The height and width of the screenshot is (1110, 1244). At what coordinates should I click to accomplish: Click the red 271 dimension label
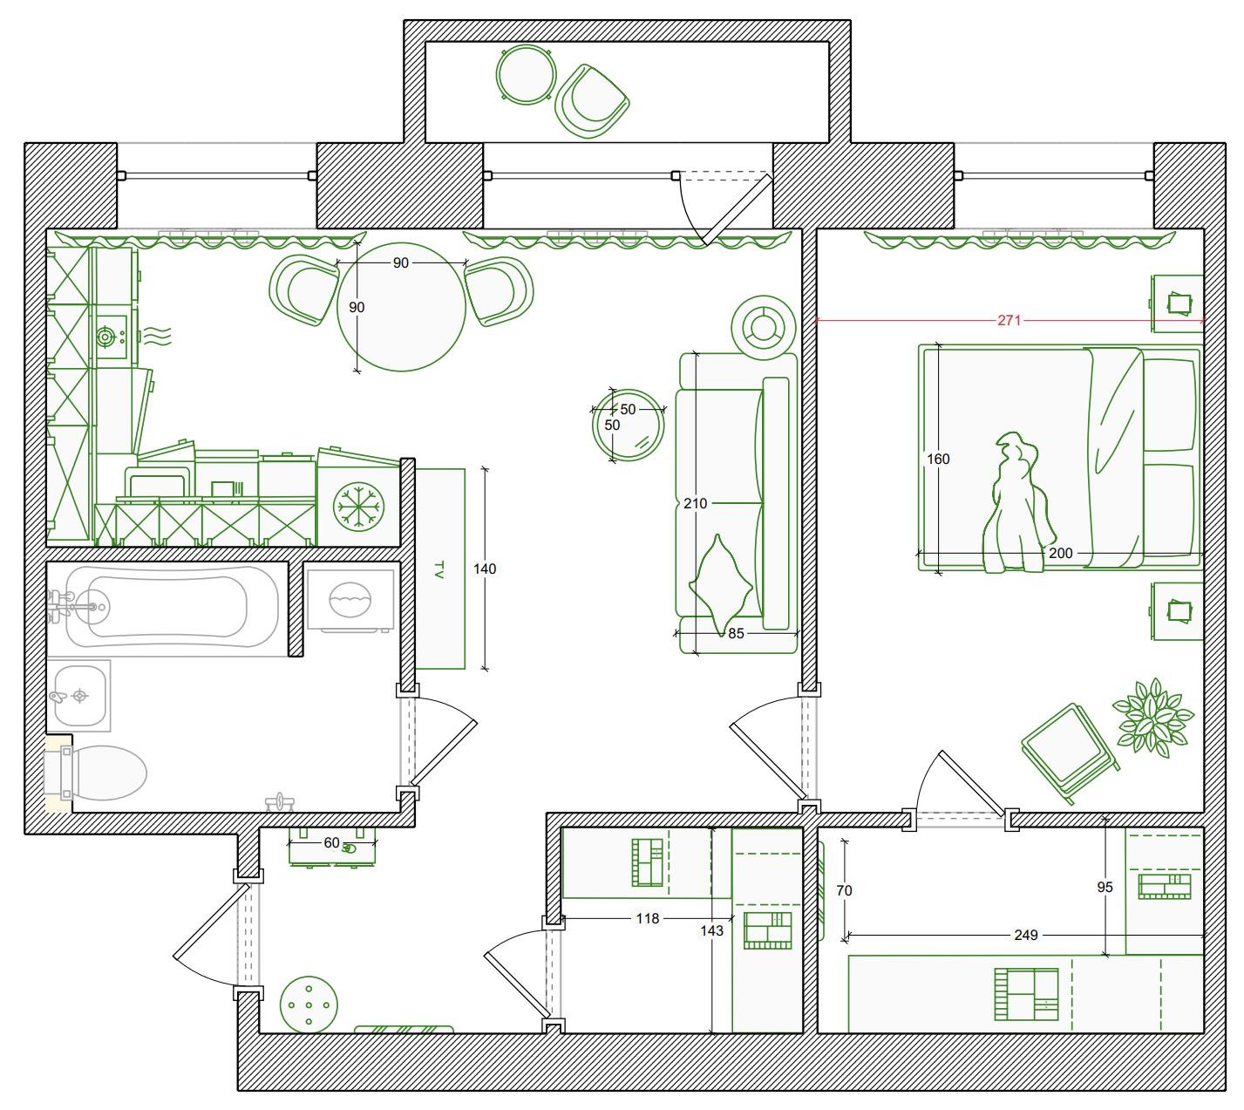coord(1009,320)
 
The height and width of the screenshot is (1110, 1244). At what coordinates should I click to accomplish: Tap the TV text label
coord(438,569)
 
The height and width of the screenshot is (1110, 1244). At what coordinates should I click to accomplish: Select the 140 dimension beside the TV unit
coord(485,569)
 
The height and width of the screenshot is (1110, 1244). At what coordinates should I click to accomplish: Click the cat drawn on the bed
coord(1016,506)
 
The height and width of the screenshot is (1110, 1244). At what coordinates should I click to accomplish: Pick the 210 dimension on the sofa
coord(696,503)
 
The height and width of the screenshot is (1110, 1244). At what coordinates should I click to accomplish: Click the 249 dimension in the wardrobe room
coord(1026,935)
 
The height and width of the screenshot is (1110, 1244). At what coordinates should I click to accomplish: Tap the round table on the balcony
coord(527,73)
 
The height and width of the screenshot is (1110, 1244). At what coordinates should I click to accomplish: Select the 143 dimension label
coord(712,930)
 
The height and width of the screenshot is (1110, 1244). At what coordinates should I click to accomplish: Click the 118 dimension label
coord(648,918)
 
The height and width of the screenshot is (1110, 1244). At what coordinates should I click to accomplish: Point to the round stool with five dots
coord(309,1005)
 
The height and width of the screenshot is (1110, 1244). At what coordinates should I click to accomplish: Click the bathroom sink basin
coord(81,696)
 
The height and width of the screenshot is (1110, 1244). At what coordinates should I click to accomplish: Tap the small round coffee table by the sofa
coord(629,426)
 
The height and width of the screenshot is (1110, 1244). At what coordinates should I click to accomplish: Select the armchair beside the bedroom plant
coord(1069,751)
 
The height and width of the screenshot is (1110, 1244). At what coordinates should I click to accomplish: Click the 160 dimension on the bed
coord(938,459)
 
